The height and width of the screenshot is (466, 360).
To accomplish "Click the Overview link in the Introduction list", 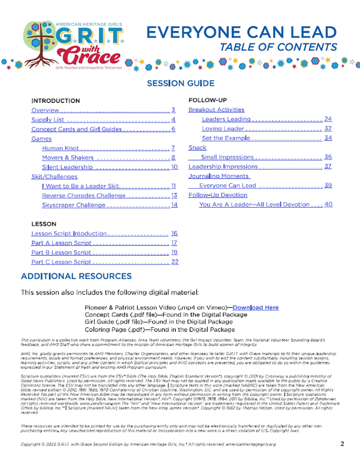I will (45, 110).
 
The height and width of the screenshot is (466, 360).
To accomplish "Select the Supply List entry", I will (48, 120).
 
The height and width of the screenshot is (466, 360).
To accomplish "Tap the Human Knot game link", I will (60, 148).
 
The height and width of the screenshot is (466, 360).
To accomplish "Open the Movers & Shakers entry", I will (68, 158).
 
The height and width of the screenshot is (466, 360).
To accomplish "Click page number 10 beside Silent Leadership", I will (174, 167).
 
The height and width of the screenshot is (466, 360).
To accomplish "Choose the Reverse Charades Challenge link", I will (83, 195).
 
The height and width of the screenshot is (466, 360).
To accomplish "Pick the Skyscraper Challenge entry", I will (73, 205).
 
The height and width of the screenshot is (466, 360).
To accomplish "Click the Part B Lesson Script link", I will (61, 252).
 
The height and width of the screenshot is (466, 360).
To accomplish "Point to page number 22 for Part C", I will (175, 262).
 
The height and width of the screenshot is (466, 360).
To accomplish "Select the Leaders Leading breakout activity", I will (226, 119).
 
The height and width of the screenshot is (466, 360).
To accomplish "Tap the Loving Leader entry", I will (223, 129).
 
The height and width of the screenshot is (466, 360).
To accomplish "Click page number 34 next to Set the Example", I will (328, 138).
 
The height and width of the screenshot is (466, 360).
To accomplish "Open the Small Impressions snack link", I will (227, 157).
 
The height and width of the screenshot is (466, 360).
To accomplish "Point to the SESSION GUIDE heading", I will (181, 83).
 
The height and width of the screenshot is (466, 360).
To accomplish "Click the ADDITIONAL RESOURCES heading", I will (76, 276).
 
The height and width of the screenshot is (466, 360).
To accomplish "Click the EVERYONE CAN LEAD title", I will (241, 33).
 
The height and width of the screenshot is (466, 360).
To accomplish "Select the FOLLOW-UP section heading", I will (207, 101).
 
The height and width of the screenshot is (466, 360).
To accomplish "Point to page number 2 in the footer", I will (342, 444).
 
